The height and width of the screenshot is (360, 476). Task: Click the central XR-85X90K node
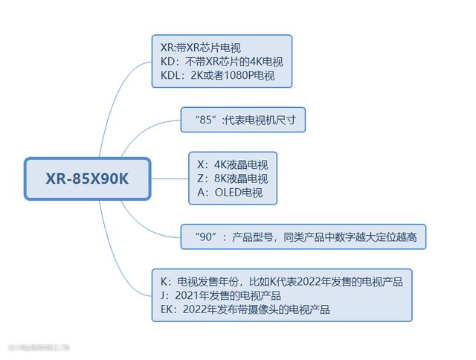87,179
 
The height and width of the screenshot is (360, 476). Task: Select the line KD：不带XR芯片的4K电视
221,62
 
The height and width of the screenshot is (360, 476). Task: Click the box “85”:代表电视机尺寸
243,119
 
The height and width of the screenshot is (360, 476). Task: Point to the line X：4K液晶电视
232,164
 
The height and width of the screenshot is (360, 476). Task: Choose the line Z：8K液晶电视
232,179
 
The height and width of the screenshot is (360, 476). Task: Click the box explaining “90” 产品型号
303,237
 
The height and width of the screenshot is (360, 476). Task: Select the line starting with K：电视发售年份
281,281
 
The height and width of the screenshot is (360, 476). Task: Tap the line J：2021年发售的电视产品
221,295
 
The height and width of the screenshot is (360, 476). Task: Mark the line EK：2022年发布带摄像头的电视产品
245,309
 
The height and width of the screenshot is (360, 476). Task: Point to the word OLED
228,193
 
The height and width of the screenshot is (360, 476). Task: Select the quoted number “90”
206,237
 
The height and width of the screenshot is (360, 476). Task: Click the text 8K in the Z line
222,179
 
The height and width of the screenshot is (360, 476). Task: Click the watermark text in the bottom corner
39,347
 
